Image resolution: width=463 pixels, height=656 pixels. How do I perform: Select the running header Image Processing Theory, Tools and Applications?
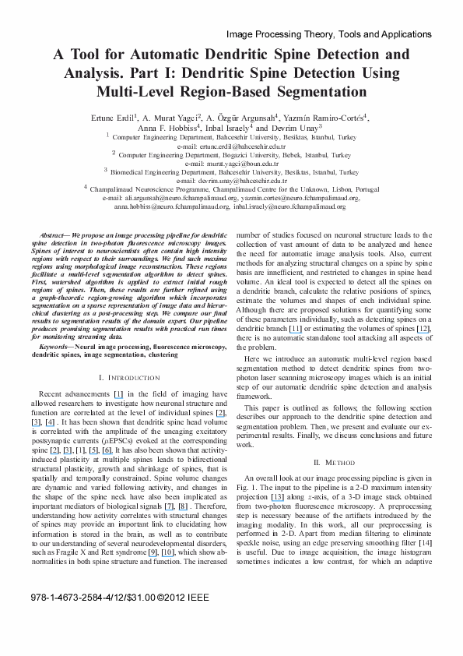[328, 35]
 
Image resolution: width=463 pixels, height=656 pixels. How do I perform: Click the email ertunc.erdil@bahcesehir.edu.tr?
[231, 146]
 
